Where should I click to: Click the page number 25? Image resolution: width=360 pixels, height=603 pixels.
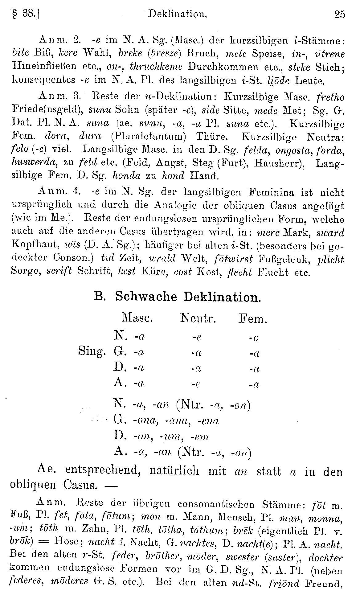[x=339, y=14]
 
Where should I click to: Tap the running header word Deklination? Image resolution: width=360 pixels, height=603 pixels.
[x=177, y=14]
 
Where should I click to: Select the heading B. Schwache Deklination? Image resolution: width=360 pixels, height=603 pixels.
[x=177, y=297]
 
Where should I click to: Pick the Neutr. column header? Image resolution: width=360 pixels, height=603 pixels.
[x=198, y=318]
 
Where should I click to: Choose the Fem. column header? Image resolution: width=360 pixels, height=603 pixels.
[x=252, y=318]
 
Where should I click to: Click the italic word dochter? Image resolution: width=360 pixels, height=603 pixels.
[x=326, y=558]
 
